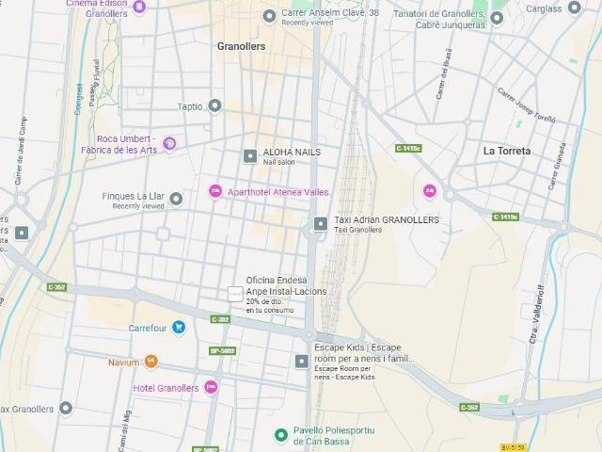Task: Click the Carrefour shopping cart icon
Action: [x=179, y=328]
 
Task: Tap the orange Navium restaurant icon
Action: [x=150, y=362]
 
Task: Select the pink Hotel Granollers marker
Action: [x=212, y=388]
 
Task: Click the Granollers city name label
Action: [x=241, y=46]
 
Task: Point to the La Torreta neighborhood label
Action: [x=507, y=151]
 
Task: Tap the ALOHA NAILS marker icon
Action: [x=249, y=155]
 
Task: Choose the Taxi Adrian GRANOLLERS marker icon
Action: [x=321, y=223]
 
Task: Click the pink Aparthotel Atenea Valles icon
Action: [x=214, y=192]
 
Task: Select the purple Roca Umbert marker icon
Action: [x=169, y=143]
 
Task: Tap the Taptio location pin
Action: [x=214, y=106]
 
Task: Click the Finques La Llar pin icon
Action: [x=176, y=198]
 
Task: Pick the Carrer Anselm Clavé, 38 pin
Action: [x=271, y=14]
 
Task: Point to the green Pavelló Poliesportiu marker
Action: [x=280, y=434]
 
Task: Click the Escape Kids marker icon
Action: [x=302, y=361]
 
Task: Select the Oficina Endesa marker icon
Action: [x=235, y=295]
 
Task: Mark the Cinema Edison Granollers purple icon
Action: [x=139, y=8]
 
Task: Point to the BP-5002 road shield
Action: [x=222, y=350]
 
